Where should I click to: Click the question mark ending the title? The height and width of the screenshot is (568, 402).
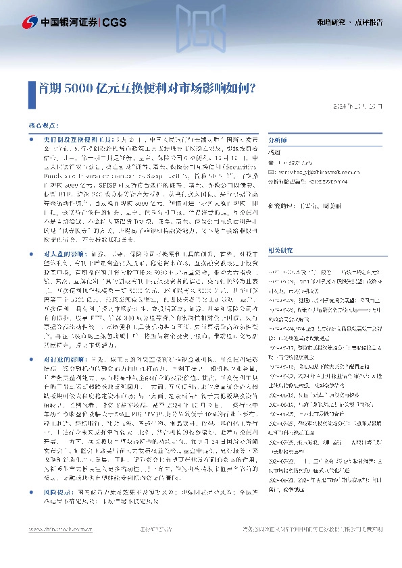(x=261, y=87)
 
